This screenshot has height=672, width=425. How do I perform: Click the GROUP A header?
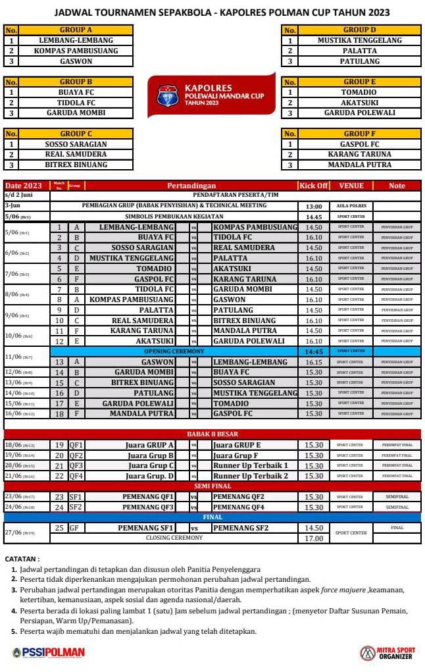coord(76,30)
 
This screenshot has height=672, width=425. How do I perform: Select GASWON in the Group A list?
coord(76,61)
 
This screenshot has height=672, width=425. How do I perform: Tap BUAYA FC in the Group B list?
coord(76,92)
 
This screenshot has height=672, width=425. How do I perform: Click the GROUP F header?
coord(359,134)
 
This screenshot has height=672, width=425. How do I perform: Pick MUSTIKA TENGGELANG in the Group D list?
coord(359,40)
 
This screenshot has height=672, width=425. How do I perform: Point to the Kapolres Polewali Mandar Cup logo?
coord(211,95)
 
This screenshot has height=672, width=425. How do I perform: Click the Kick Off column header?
coord(314,186)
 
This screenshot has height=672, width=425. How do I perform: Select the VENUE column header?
coord(351,186)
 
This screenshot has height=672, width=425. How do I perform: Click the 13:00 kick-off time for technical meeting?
coord(314,206)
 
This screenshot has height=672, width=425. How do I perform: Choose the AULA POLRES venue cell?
coord(351,206)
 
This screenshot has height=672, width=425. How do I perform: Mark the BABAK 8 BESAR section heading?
coord(212,434)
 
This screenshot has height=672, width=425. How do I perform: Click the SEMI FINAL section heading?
coord(212,486)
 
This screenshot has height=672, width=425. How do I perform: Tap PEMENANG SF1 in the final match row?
coord(146,528)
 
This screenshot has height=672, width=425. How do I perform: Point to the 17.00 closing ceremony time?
coord(314,538)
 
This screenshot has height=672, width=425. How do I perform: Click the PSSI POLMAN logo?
coord(49,653)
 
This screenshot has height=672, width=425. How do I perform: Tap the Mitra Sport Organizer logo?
coord(388,653)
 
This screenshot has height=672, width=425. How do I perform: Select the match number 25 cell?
coord(59,528)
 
